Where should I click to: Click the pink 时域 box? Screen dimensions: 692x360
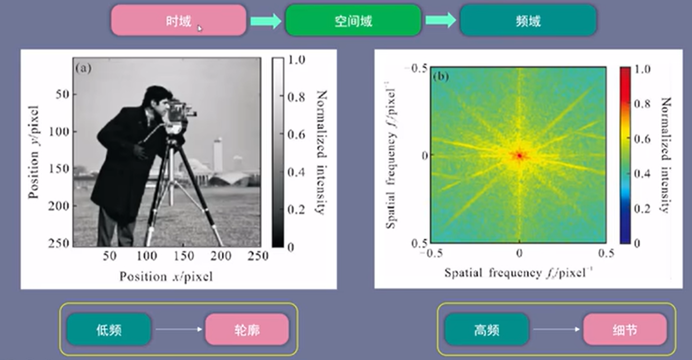179,20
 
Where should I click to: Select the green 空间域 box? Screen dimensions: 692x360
353,20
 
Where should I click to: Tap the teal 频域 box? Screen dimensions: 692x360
528,20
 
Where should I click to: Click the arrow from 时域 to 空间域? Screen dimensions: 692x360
266,21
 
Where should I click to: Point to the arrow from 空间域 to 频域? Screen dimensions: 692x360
440,20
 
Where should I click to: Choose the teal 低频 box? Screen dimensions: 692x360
109,329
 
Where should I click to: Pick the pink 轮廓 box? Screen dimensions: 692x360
247,329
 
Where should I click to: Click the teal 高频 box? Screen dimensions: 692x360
487,329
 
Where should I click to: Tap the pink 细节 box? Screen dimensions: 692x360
625,329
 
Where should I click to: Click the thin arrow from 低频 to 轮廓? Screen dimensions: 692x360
179,329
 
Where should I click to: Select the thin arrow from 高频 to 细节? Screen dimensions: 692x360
557,329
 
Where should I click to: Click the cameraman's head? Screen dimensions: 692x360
157,99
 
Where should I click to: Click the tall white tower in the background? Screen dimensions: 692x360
218,154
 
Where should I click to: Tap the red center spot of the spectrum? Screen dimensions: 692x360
520,155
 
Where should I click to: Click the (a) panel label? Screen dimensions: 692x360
83,68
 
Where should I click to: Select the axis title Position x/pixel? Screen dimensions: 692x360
166,276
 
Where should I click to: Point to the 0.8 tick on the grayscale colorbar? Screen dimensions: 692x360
296,97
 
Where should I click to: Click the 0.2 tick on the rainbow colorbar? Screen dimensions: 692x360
642,209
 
